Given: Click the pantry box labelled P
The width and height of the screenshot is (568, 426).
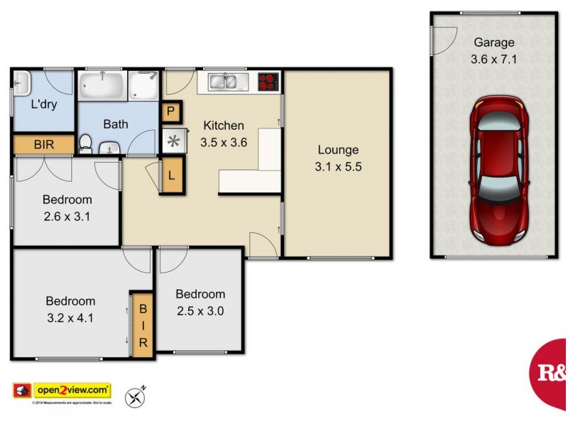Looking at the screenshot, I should point(171,112).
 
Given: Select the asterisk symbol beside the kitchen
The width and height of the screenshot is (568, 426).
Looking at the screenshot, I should point(173,140).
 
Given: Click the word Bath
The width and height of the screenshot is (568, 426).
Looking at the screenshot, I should point(116,124).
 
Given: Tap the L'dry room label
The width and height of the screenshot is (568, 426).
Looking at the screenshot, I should point(43,104).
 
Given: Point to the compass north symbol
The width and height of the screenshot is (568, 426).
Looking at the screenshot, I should point(135,395).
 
